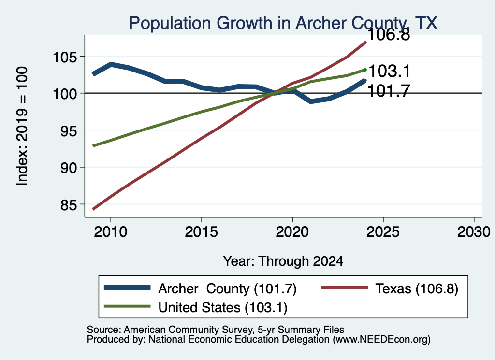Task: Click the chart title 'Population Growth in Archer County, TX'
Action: click(x=283, y=23)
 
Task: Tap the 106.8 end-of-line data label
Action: click(x=389, y=34)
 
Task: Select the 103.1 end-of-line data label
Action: click(x=389, y=71)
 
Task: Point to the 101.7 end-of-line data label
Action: click(x=389, y=91)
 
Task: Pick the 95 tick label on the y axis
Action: click(x=69, y=130)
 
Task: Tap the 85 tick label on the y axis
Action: click(x=69, y=205)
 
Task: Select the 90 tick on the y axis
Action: click(x=69, y=168)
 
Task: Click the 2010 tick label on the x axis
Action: click(x=111, y=232)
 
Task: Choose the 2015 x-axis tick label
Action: click(x=202, y=232)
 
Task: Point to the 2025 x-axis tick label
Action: click(x=383, y=232)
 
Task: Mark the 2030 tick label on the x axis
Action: click(x=474, y=232)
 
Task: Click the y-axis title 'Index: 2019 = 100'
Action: click(x=22, y=126)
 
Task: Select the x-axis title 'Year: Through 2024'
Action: click(x=283, y=261)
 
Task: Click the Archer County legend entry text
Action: click(x=227, y=288)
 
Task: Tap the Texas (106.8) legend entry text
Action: click(x=417, y=288)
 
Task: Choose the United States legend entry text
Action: click(x=223, y=308)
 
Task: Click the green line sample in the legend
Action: click(x=127, y=306)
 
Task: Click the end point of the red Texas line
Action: click(x=365, y=42)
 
